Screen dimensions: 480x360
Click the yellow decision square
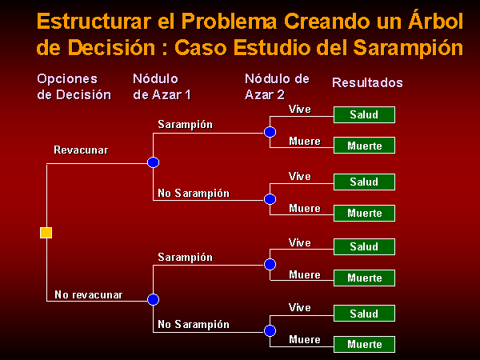coord(46,233)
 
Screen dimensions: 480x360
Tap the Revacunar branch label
coord(81,150)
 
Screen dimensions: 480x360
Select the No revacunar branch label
coord(88,294)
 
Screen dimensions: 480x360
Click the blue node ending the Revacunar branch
coord(153,162)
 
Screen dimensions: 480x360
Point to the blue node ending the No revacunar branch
coord(153,299)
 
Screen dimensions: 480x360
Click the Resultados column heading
coord(367,82)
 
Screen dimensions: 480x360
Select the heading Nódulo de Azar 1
coord(162,87)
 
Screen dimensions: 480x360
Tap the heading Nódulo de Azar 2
coord(277,87)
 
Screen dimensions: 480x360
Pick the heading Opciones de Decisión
coord(74,87)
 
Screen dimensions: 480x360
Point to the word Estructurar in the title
coord(94,22)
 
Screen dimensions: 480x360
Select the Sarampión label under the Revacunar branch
coord(186,125)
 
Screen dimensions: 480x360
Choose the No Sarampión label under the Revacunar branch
coord(194,193)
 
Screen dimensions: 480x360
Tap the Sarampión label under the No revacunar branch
coord(186,257)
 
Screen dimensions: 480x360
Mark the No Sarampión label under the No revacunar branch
coord(194,324)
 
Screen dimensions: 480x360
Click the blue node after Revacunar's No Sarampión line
coord(270,199)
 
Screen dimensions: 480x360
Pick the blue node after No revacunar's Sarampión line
coord(270,264)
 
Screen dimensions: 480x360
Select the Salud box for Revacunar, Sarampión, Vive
coord(364,114)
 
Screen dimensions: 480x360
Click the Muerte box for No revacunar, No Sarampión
coord(364,344)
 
